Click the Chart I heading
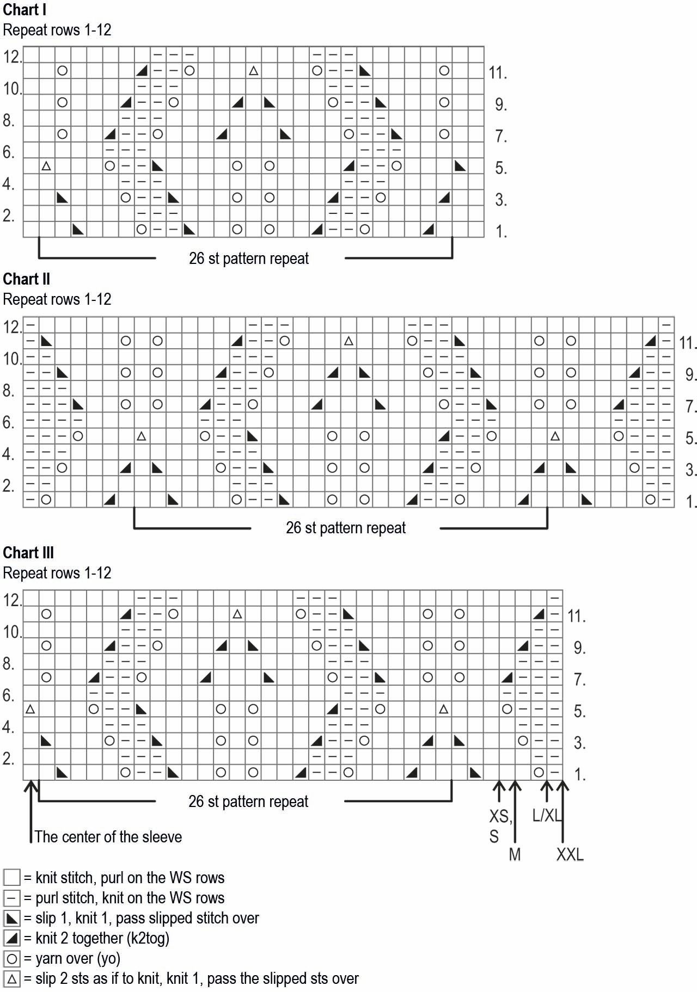(25, 10)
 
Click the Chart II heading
(27, 279)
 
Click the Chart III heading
(28, 553)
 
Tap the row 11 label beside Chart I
(498, 73)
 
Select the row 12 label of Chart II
(13, 327)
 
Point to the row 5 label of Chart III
(579, 711)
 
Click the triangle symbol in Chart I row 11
(253, 71)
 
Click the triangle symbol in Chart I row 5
(46, 166)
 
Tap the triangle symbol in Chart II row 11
(348, 341)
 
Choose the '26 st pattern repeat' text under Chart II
(346, 528)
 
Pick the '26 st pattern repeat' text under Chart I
(249, 258)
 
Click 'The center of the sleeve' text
(108, 836)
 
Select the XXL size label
(570, 854)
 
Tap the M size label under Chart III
(515, 854)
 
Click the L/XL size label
(546, 816)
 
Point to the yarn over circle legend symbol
(12, 958)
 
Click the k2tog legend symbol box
(12, 938)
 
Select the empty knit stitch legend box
(12, 878)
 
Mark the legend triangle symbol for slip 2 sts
(12, 978)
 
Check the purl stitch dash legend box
(12, 898)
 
